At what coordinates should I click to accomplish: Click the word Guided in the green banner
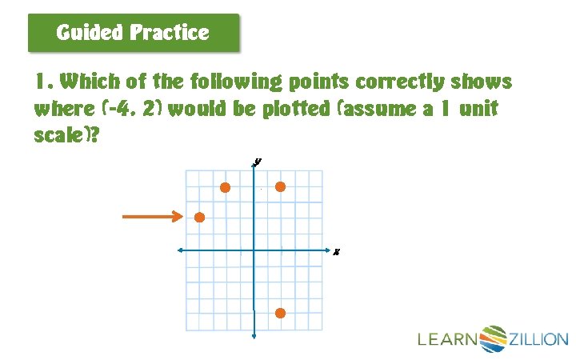tap(90, 33)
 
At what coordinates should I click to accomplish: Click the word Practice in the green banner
tap(169, 33)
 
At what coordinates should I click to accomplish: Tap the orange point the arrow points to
tap(199, 217)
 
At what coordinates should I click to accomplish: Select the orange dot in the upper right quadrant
tap(280, 187)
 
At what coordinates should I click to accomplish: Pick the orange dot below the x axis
tap(280, 313)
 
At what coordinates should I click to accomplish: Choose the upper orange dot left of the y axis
tap(226, 187)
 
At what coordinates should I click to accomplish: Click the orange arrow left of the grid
tap(153, 216)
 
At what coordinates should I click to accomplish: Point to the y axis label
tap(258, 161)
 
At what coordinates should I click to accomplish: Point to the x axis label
tap(337, 252)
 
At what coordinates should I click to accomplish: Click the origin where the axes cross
tap(254, 250)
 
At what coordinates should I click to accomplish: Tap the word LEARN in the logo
tap(447, 340)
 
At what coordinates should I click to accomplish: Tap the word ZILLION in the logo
tap(538, 340)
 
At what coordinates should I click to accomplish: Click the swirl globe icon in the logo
tap(493, 338)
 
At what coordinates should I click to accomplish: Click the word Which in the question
tap(90, 82)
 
